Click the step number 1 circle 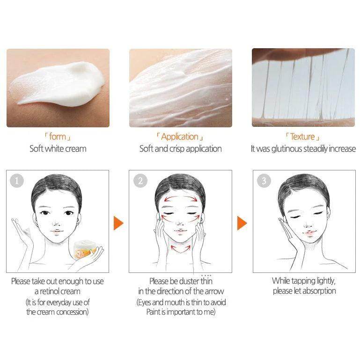click(x=17, y=181)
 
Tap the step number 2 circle click(x=140, y=181)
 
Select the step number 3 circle click(x=264, y=181)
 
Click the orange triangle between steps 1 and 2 click(x=118, y=223)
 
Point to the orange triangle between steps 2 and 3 click(x=242, y=223)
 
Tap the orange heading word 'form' click(x=58, y=137)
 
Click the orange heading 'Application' click(x=180, y=137)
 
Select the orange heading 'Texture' click(x=302, y=137)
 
